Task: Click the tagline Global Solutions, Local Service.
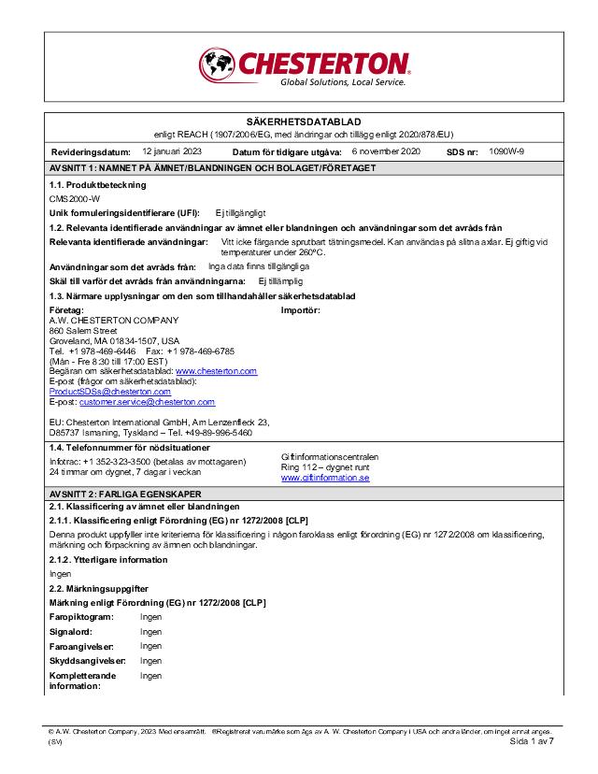point(343,82)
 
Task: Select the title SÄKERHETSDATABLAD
point(303,122)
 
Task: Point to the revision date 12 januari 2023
point(172,150)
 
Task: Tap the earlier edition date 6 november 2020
point(386,150)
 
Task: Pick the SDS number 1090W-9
point(506,150)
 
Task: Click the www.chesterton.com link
point(216,371)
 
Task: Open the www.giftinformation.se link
point(325,478)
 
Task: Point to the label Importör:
point(301,309)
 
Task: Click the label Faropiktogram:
point(81,618)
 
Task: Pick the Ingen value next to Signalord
point(151,632)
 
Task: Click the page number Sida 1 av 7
point(532,741)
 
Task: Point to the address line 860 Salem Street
point(83,330)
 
